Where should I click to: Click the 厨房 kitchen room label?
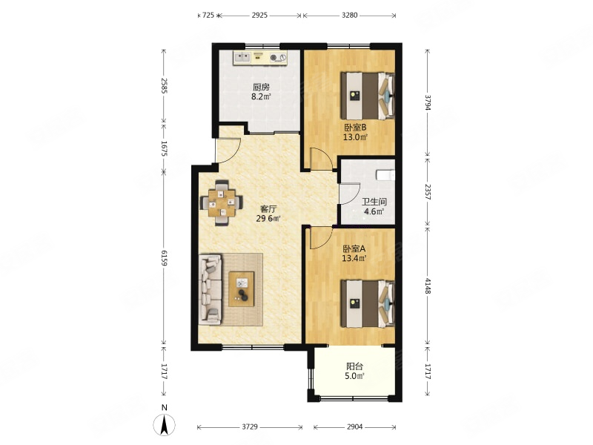click(x=262, y=87)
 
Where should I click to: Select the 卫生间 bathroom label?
click(x=374, y=202)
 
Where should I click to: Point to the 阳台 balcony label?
click(x=355, y=366)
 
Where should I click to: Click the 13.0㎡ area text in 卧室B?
click(x=355, y=137)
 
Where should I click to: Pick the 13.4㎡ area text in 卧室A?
click(x=354, y=258)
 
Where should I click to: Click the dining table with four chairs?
click(x=222, y=203)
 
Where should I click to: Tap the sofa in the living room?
click(x=211, y=289)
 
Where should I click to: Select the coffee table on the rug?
click(x=242, y=289)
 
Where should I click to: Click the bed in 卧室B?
click(x=368, y=96)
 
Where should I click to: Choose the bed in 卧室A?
click(x=368, y=303)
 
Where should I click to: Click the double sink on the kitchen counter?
click(x=242, y=58)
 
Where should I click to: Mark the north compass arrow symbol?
click(x=164, y=424)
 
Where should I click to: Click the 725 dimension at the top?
click(x=208, y=15)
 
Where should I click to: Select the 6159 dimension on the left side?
click(x=164, y=257)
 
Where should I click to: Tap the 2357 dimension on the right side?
click(x=428, y=192)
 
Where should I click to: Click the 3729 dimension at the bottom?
click(x=250, y=427)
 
